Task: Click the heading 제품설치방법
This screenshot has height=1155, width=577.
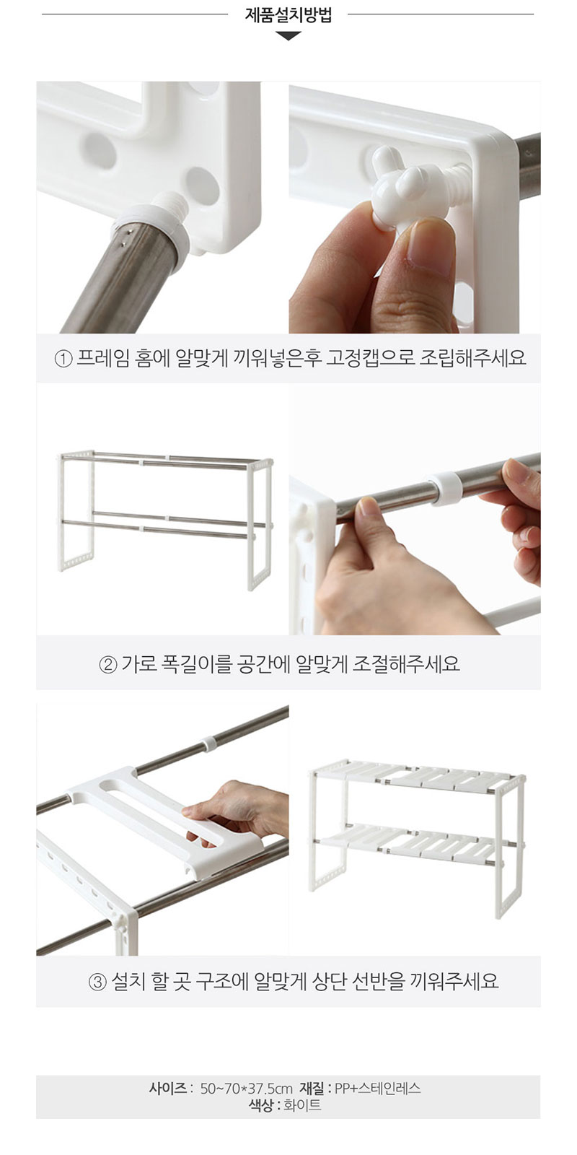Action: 288,15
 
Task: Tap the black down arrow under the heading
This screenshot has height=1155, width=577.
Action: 288,36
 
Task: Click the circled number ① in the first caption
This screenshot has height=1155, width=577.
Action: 63,358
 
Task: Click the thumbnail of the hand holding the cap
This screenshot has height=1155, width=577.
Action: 414,206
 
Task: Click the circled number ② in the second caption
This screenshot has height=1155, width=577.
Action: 107,664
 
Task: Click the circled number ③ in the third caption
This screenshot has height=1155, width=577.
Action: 97,981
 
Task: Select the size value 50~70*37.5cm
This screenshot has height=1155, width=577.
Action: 246,1089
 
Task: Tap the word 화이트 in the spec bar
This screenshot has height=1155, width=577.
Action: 302,1104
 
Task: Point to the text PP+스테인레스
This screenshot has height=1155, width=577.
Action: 378,1089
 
